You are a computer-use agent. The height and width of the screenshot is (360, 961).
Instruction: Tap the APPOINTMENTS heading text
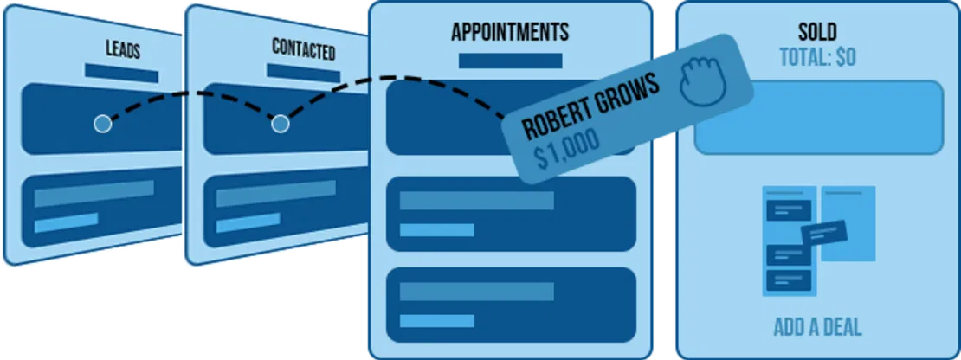point(510,33)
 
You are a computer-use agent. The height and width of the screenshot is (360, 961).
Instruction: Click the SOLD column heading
point(817,32)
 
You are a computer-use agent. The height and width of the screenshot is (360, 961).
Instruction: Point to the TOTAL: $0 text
point(817,57)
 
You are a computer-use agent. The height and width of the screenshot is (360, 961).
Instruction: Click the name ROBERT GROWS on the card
point(591,108)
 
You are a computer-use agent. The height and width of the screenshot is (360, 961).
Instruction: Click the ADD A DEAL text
point(817,328)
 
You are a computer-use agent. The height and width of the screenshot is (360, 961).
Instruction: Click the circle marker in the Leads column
point(102,124)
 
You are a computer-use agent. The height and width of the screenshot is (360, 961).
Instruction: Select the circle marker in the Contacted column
point(280,124)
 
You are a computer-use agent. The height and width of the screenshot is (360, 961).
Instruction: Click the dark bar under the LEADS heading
point(121,73)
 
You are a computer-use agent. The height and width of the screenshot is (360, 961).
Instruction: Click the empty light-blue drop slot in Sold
point(817,117)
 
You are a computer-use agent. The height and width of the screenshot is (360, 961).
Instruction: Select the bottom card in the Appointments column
point(511,304)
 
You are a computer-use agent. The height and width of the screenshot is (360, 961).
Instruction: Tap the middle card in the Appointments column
point(511,213)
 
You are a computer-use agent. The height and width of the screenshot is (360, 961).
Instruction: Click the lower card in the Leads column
point(100,208)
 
